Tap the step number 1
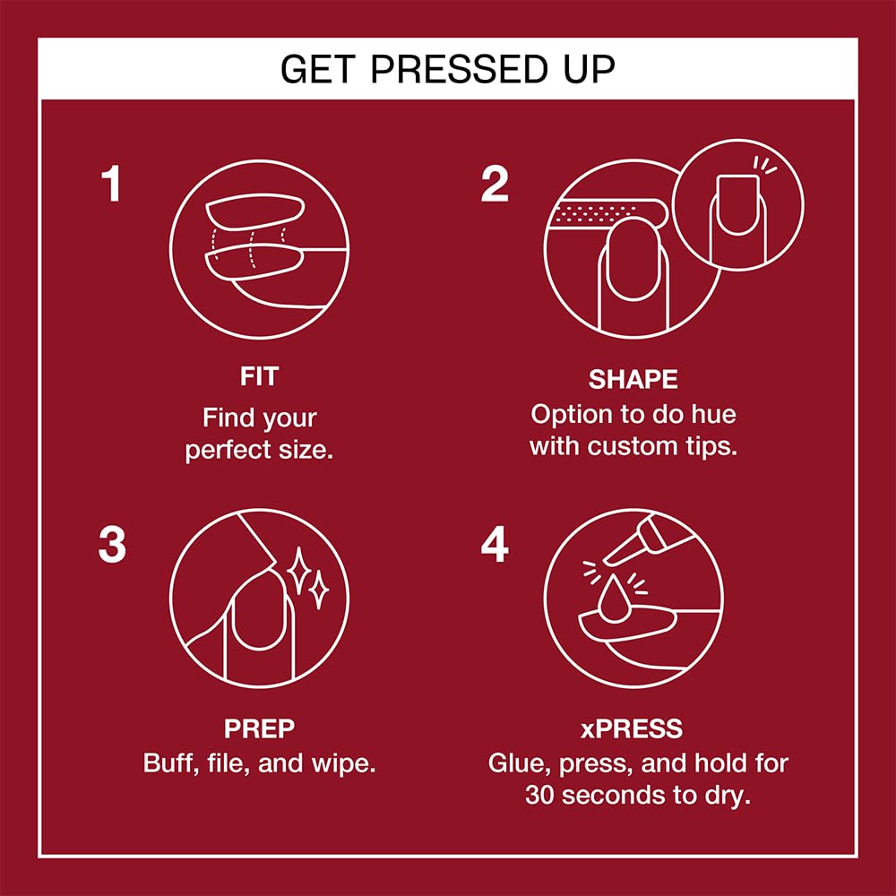[x=110, y=185]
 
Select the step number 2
[x=495, y=185]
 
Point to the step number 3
[x=112, y=546]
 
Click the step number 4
[x=495, y=546]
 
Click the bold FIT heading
[x=259, y=377]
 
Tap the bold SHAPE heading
[x=633, y=379]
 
